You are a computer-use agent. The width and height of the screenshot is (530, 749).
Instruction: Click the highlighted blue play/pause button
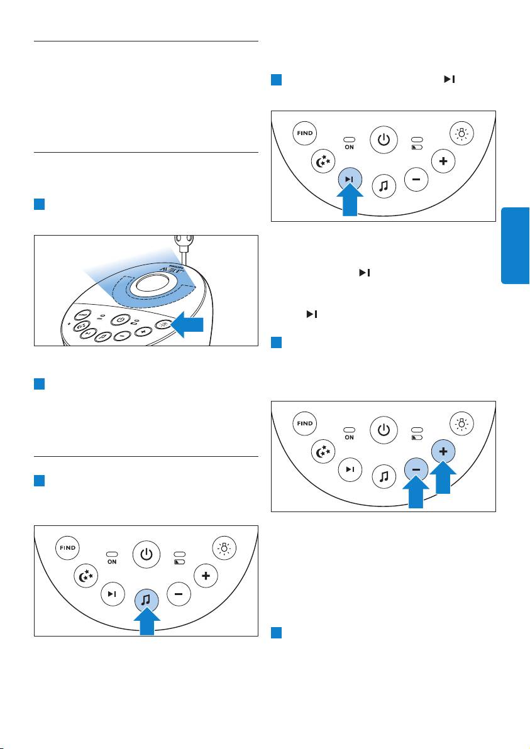click(x=348, y=179)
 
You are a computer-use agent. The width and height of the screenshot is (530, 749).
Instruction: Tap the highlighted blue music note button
click(x=146, y=600)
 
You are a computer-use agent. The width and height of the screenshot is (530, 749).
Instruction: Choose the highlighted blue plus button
click(x=443, y=452)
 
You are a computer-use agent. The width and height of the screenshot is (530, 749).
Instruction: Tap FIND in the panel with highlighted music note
click(x=68, y=548)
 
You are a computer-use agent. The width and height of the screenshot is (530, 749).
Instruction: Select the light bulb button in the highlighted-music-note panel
click(x=223, y=548)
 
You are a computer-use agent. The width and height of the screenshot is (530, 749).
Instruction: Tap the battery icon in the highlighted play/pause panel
click(x=416, y=146)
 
